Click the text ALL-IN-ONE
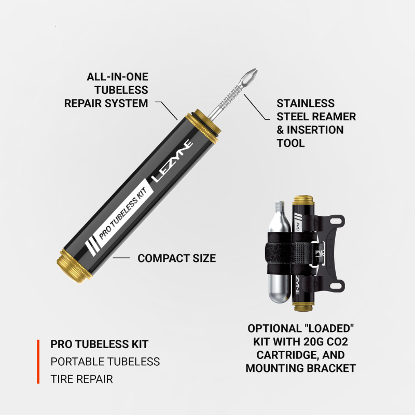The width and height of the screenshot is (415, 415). [117, 77]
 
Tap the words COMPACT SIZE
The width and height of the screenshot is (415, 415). [176, 258]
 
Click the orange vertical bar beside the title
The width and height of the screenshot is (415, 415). [38, 362]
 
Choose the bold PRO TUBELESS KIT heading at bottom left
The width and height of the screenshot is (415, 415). [99, 344]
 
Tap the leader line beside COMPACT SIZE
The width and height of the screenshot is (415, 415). [121, 258]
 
